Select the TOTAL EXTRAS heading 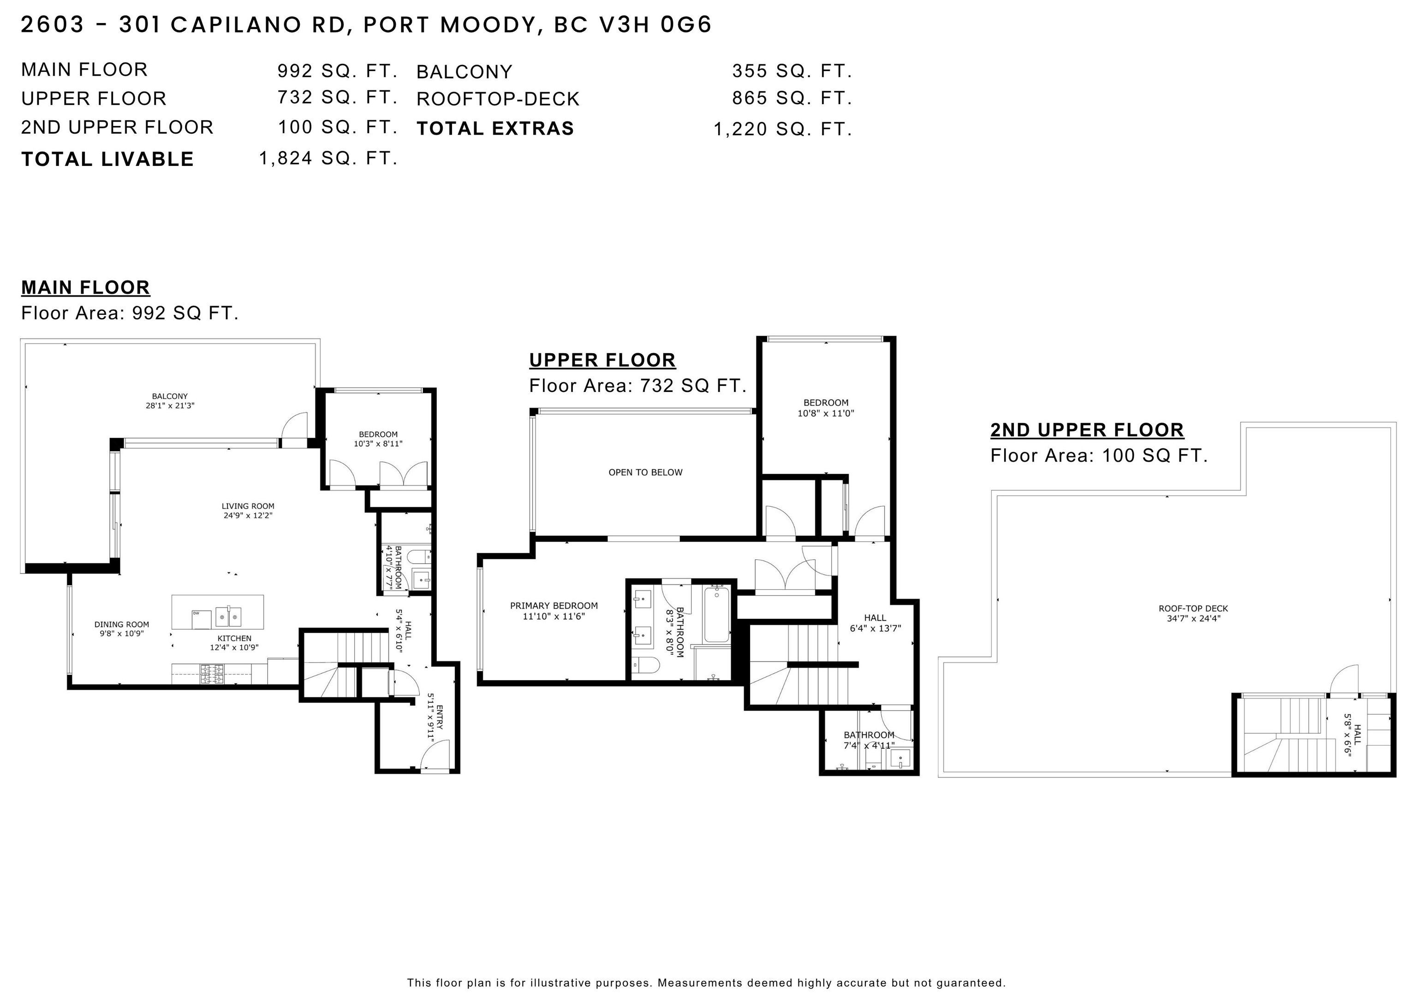[495, 128]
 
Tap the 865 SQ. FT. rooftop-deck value [792, 98]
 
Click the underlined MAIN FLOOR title [86, 287]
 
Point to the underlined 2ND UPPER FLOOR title [1087, 430]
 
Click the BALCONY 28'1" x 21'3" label [170, 401]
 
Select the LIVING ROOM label [248, 511]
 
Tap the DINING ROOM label [122, 628]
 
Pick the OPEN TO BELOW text [646, 473]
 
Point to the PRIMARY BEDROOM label [554, 610]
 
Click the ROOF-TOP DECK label [1193, 613]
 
